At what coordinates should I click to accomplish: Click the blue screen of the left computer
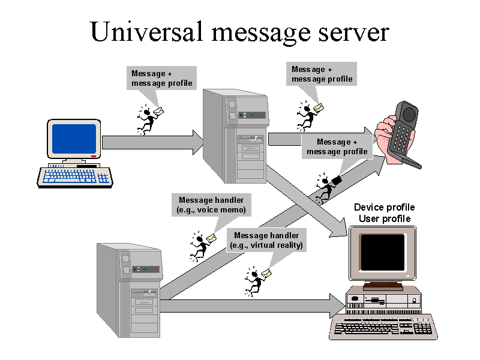tap(74, 139)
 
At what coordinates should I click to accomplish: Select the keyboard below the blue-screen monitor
tap(76, 175)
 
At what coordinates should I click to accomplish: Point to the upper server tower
tap(235, 136)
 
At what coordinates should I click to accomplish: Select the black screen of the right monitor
tap(382, 252)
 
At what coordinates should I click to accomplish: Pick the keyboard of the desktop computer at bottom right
tap(383, 328)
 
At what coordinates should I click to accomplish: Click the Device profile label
tap(384, 208)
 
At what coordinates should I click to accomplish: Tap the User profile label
tap(385, 218)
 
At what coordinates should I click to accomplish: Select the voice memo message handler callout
tap(212, 205)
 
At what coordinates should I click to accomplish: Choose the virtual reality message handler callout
tap(267, 240)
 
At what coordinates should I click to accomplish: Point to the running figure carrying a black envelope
tap(327, 188)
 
